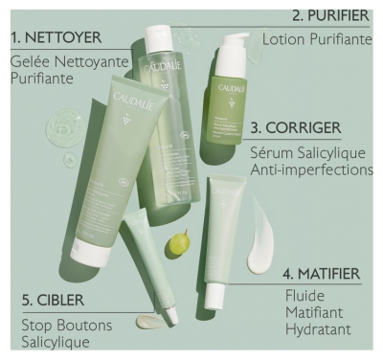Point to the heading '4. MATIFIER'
[x=322, y=273]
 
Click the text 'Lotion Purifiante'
[x=317, y=40]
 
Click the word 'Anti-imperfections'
[x=311, y=169]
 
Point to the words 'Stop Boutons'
[x=66, y=325]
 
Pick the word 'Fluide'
[x=304, y=295]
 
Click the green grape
[x=179, y=244]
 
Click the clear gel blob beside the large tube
[x=69, y=127]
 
